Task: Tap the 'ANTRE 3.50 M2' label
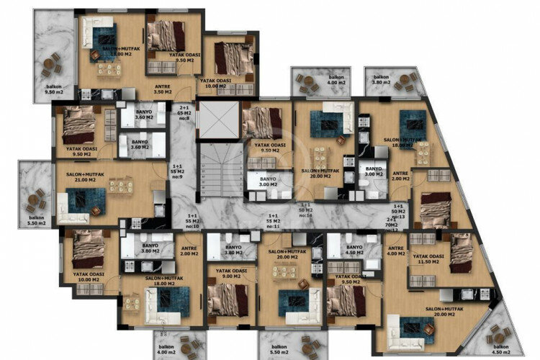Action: (x=163, y=89)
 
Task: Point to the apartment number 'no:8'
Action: (x=184, y=119)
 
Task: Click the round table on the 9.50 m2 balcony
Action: (x=48, y=66)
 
